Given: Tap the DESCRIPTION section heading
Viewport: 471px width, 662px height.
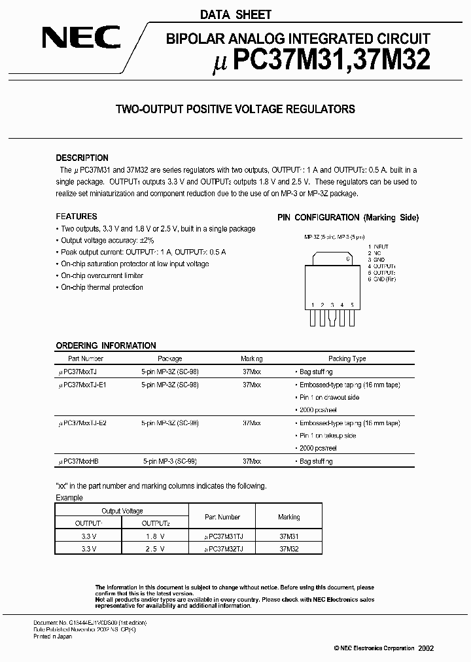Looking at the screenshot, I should coord(82,158).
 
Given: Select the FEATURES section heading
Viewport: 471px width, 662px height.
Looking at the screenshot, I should coord(77,217).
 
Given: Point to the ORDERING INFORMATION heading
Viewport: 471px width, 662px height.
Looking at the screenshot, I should coord(106,345).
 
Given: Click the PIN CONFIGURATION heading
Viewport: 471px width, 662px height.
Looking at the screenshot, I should coord(347,217).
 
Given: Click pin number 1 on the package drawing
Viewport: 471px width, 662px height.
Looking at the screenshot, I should coord(313,305).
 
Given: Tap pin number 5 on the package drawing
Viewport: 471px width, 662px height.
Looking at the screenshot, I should coord(352,305).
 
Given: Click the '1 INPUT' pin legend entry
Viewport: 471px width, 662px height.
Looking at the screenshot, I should coord(379,246).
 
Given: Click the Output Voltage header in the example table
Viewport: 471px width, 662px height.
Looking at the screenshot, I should coord(122,511).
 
